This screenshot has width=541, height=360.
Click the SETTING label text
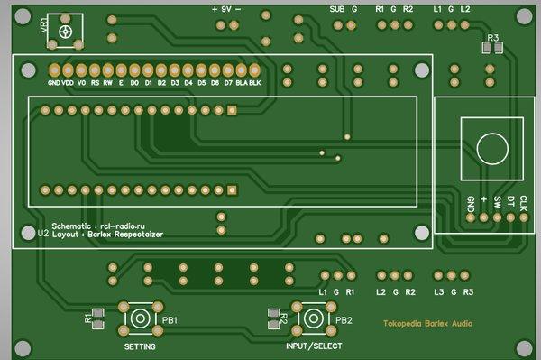(x=139, y=347)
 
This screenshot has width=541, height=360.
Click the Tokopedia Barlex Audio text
(x=426, y=323)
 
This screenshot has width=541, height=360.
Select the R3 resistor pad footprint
(x=491, y=49)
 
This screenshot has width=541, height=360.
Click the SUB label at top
(x=337, y=9)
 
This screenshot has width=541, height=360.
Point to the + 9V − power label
(x=226, y=8)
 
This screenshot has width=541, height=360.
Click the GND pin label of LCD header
(x=53, y=82)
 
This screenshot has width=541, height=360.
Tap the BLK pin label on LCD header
(x=255, y=82)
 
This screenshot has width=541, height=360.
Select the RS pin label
(x=95, y=82)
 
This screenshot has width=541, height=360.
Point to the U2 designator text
(x=42, y=233)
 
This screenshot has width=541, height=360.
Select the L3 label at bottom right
(x=439, y=292)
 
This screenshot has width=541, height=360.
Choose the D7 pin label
(x=228, y=82)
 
